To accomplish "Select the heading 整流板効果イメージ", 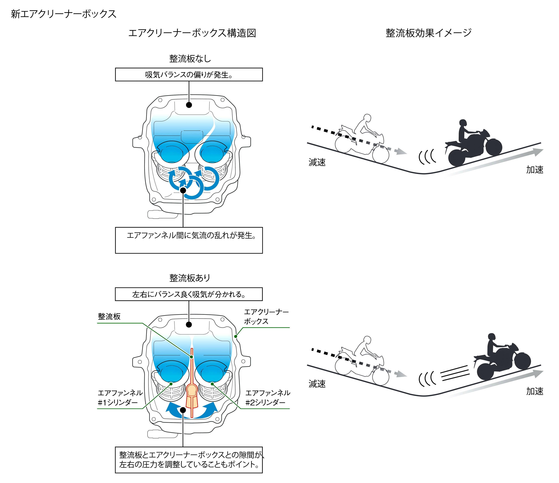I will [428, 33].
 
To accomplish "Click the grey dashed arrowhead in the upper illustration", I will [402, 152].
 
